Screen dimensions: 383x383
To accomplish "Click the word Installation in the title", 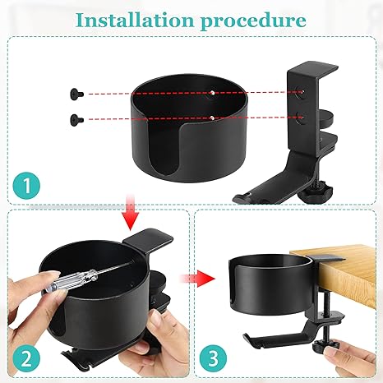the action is coord(135,20).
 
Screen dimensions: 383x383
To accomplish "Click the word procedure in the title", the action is coord(253,21).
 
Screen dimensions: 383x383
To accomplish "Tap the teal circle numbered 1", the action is coord(26,186).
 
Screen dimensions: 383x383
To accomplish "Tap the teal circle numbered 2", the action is coord(26,358).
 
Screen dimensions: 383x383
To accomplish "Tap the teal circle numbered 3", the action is coord(213,358).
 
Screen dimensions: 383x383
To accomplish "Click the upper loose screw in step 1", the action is coord(76,94).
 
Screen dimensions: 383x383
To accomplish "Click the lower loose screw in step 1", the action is coord(76,120).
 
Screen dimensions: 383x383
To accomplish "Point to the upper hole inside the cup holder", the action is coord(212,93).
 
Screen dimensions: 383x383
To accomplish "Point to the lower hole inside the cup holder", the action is coord(212,118).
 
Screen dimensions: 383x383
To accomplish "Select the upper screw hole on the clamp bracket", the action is coord(301,91).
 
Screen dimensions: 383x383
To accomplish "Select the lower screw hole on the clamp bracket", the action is coord(301,118).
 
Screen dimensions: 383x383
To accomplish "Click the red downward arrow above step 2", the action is coord(131,212).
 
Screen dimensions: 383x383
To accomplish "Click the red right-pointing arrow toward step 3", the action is coord(197,279).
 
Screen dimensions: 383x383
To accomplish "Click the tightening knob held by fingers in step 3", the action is coord(327,346).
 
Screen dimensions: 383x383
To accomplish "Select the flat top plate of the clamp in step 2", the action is coord(148,238).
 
